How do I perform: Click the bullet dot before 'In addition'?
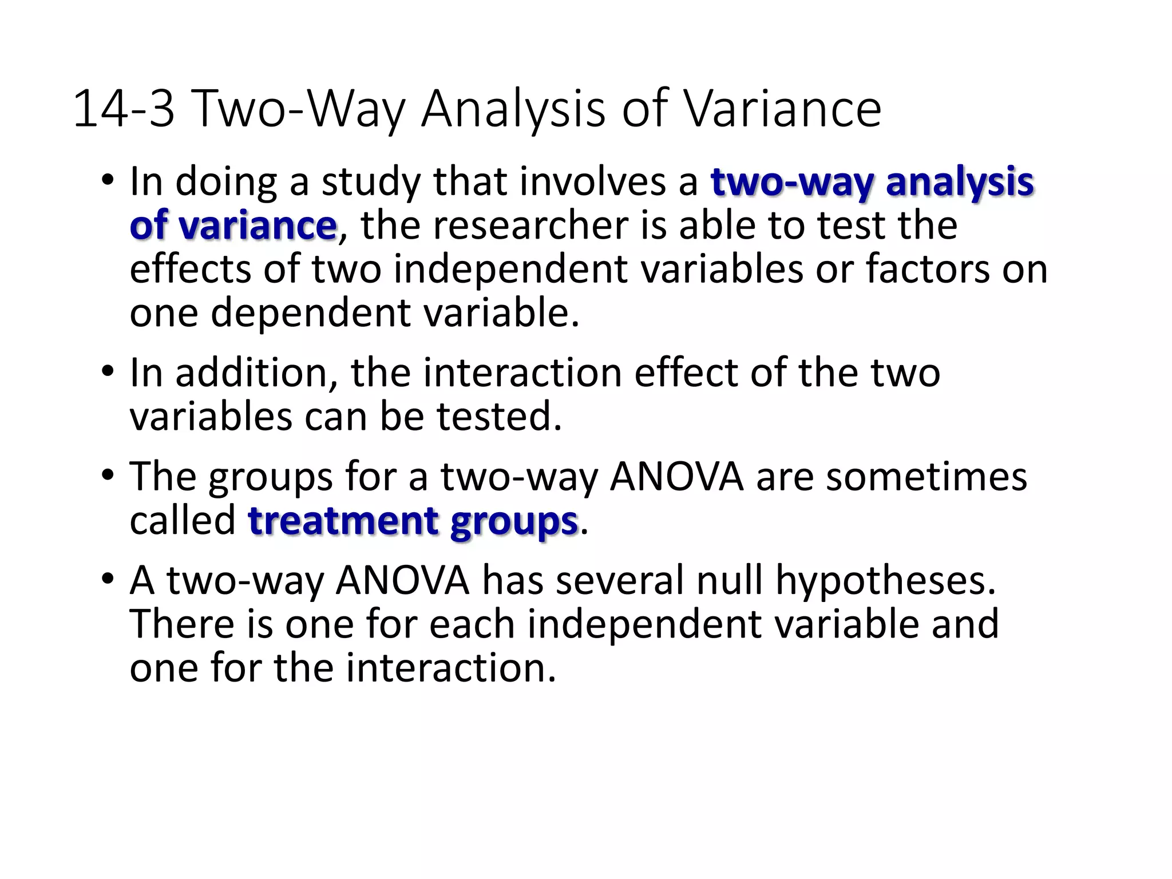coord(107,373)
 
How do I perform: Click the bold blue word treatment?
coord(343,521)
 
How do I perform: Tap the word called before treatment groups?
coord(183,521)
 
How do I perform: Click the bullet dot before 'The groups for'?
coord(107,476)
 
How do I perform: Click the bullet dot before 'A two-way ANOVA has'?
coord(107,580)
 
